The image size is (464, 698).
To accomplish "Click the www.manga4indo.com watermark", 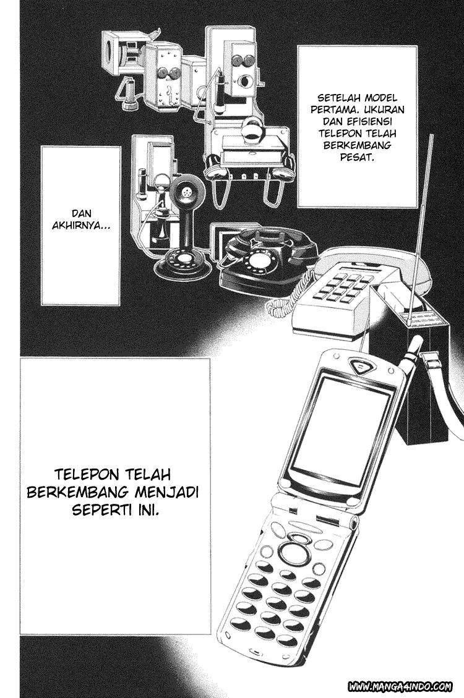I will click(x=400, y=686).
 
